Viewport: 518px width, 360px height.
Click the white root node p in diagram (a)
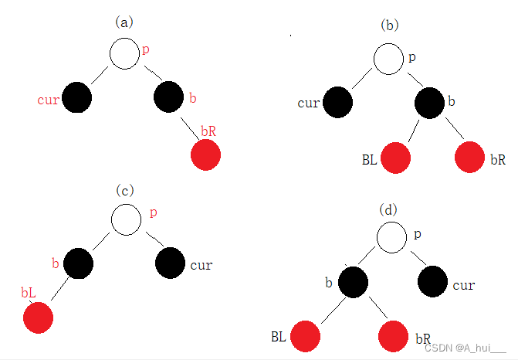(124, 53)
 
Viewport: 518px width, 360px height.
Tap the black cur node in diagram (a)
(76, 97)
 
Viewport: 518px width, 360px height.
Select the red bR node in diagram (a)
(206, 155)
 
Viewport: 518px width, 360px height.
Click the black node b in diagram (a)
(169, 97)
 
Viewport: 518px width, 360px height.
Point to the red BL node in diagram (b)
(394, 158)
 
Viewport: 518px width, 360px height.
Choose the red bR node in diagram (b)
(469, 158)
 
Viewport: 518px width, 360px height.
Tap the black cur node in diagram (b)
(337, 102)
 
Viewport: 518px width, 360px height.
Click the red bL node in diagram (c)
(38, 318)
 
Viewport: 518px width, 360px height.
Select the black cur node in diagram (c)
(171, 264)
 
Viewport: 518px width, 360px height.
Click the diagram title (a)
(124, 22)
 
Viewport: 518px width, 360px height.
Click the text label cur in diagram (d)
(464, 286)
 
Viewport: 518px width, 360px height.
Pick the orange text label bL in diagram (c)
(29, 294)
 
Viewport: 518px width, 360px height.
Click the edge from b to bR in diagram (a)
(189, 125)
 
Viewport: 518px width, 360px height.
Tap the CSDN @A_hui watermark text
(467, 348)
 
